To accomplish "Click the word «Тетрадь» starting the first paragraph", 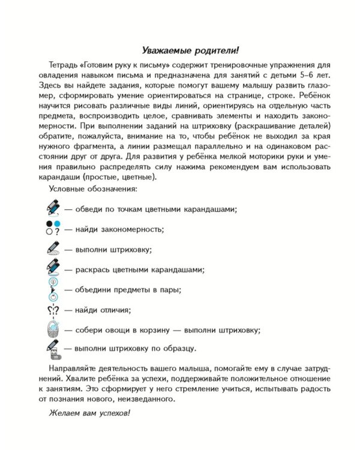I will (63, 64).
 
